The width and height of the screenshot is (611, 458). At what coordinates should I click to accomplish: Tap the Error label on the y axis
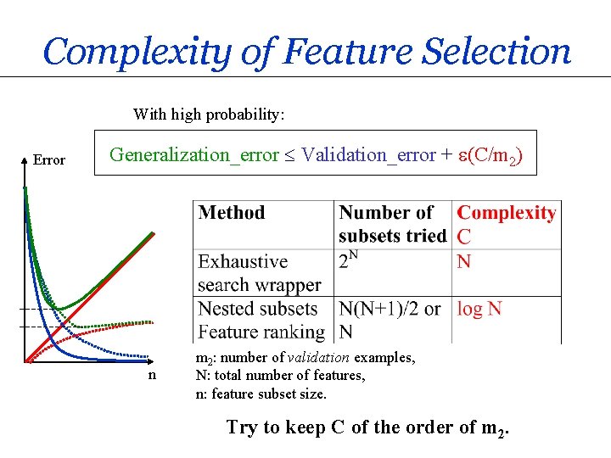(x=48, y=159)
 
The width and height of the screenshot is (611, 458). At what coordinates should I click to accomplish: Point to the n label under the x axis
(x=152, y=374)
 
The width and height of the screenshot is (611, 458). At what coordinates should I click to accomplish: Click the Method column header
(x=232, y=213)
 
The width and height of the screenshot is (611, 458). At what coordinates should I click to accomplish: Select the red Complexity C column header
(x=507, y=223)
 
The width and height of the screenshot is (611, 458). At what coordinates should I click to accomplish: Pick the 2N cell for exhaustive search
(x=347, y=261)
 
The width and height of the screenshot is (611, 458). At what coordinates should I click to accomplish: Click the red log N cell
(x=479, y=309)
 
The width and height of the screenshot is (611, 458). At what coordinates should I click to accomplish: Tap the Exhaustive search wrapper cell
(x=259, y=273)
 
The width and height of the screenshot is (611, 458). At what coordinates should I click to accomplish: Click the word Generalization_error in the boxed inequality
(x=194, y=155)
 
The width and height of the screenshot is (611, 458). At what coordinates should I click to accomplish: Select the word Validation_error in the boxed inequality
(x=368, y=155)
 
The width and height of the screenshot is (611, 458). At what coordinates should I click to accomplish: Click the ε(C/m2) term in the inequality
(x=489, y=156)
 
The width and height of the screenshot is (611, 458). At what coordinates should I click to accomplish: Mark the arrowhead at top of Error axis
(x=24, y=159)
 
